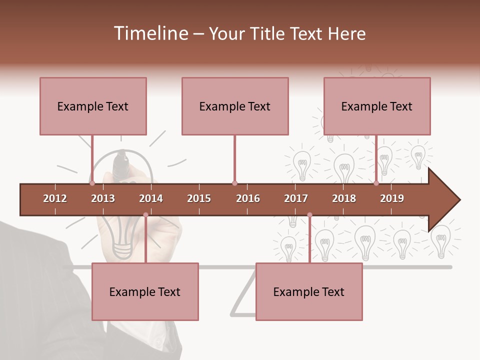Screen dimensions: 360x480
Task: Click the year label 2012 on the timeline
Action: pos(55,198)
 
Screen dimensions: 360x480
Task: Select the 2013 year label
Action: pos(103,198)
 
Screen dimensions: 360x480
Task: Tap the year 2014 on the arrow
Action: pos(151,198)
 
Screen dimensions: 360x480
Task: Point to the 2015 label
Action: pos(199,198)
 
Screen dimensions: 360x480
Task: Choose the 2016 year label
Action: pos(248,198)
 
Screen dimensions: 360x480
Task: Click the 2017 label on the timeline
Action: pos(296,198)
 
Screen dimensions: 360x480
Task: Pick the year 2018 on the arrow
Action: pos(344,198)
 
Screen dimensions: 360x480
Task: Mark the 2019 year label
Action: pos(392,198)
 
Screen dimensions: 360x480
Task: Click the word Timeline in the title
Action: pos(150,33)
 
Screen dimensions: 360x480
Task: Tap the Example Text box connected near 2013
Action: pos(93,106)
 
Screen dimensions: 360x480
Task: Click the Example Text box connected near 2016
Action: pos(235,106)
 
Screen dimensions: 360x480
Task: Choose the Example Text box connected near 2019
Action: pos(377,106)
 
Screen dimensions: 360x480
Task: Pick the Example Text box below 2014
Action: pos(145,291)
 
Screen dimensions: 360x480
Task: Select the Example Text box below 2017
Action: pos(309,291)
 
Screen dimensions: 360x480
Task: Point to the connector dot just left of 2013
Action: pos(92,183)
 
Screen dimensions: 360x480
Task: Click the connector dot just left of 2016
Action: pos(234,183)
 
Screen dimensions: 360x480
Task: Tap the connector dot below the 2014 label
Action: pos(145,215)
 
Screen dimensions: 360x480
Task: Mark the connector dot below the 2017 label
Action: pos(309,215)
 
